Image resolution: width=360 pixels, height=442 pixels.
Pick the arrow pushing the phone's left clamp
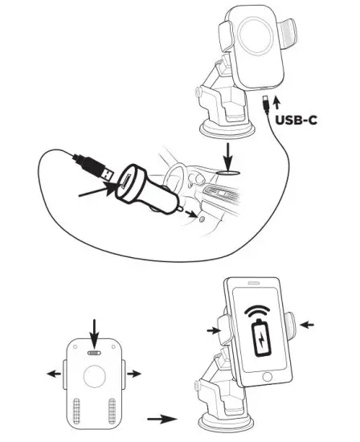point(212,329)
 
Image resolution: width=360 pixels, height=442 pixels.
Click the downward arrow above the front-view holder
point(96,331)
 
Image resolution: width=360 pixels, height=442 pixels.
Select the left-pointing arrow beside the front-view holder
point(53,373)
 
